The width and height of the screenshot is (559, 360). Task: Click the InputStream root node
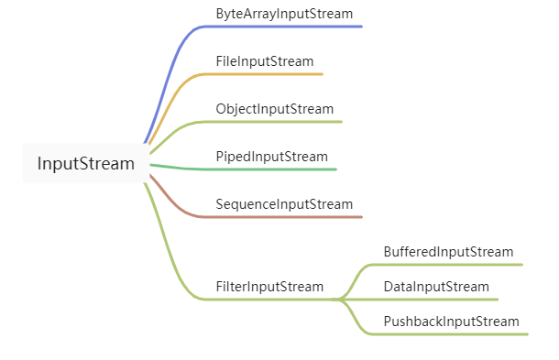pos(85,164)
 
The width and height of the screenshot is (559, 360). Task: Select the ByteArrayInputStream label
pos(284,15)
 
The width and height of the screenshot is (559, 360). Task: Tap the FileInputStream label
pos(264,61)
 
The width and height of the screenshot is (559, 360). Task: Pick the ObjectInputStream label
pos(274,109)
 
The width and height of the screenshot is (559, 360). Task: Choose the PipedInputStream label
pos(271,157)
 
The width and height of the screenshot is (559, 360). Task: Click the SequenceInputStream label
pos(284,204)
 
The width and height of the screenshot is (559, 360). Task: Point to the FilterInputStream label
pos(269,287)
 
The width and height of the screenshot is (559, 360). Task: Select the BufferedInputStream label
pos(448,252)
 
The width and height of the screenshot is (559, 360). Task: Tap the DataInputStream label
pos(436,287)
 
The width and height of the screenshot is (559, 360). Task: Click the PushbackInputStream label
pos(451,322)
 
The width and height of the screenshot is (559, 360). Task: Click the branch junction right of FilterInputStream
pos(341,300)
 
